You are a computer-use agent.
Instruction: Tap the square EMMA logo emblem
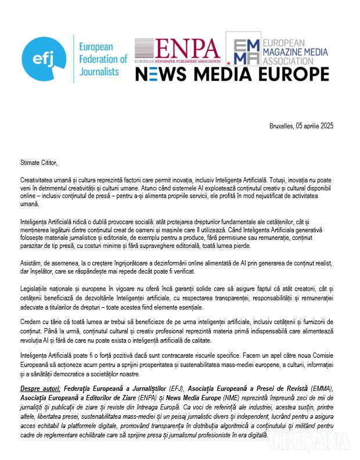pos(242,51)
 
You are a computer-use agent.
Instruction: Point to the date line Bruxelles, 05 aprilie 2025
pos(301,126)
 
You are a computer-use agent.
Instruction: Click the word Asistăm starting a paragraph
pos(31,263)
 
